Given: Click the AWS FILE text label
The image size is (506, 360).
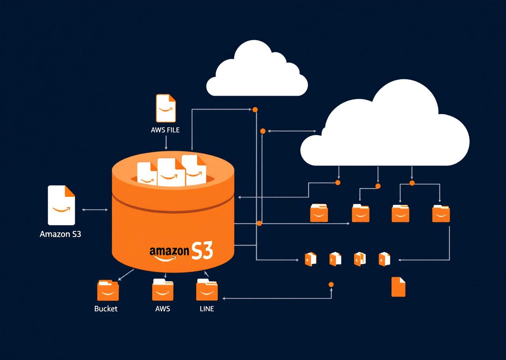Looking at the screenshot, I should [x=165, y=130].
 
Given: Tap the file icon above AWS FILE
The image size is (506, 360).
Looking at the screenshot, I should [x=166, y=108].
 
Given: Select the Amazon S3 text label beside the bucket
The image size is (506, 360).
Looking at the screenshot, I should [x=60, y=234].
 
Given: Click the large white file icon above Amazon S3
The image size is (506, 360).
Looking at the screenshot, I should [x=61, y=205].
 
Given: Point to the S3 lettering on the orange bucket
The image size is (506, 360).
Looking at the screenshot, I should [x=202, y=251].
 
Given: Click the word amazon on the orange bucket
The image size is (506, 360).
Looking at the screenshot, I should [x=169, y=251].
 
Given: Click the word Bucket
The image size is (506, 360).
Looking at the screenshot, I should [x=106, y=309].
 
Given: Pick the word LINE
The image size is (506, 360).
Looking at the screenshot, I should [x=207, y=309].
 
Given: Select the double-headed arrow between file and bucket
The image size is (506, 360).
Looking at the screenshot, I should [x=95, y=210].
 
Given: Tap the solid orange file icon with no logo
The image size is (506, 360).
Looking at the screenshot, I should [x=398, y=287].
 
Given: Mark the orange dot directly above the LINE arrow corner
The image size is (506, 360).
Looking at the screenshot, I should [x=331, y=284].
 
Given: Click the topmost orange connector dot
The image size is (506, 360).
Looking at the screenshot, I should [x=255, y=110].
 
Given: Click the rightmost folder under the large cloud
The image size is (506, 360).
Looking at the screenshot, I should [x=441, y=213].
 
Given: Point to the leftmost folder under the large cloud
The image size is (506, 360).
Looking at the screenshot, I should [x=319, y=213].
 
